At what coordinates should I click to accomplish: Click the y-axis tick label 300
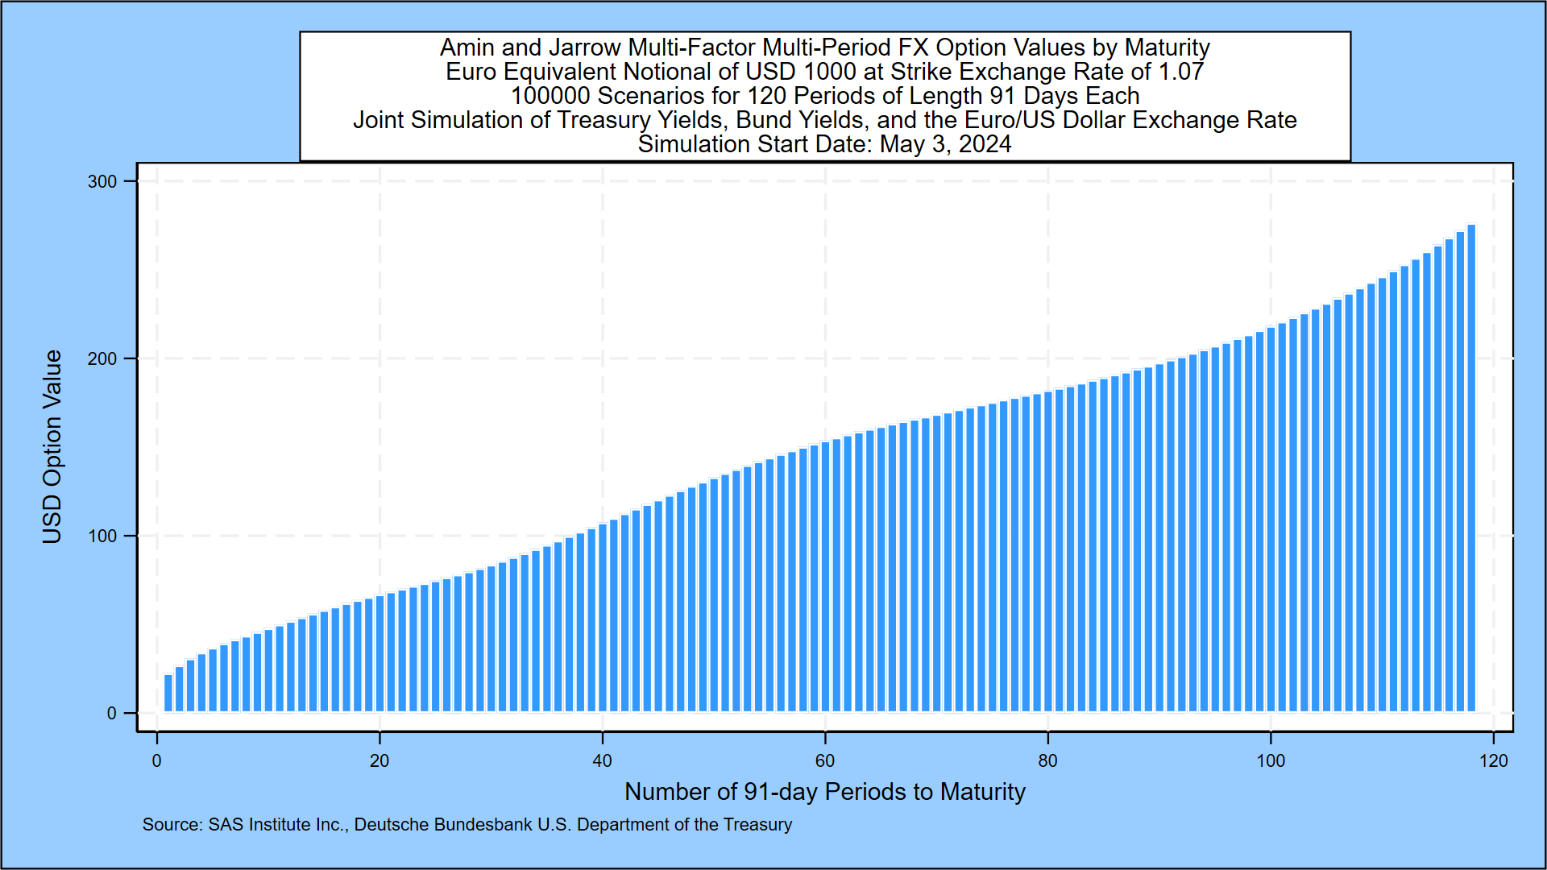click(102, 181)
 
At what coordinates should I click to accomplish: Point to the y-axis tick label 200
click(102, 358)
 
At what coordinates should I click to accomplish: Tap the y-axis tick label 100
click(102, 536)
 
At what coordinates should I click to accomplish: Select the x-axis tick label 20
click(379, 760)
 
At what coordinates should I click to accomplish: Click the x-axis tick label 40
click(602, 760)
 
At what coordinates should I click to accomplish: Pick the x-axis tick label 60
click(825, 760)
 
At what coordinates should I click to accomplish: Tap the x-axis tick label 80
click(1047, 760)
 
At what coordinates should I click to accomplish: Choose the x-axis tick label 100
click(1271, 760)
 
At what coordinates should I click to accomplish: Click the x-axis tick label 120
click(1493, 760)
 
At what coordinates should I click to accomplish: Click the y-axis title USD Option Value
click(52, 447)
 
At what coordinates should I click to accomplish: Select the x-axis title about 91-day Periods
click(825, 792)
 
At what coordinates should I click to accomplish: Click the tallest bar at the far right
click(1471, 467)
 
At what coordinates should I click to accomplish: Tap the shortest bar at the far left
click(168, 693)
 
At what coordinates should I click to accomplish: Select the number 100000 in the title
click(550, 96)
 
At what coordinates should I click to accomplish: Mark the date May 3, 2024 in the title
click(946, 144)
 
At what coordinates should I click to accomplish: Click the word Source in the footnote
click(172, 825)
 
